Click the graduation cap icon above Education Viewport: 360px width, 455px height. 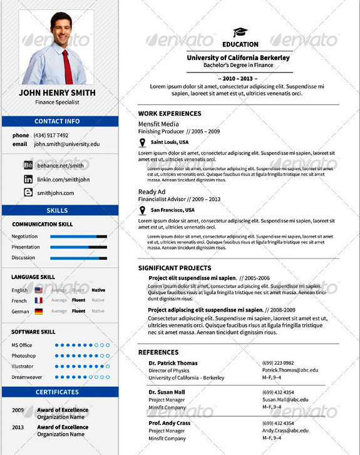coord(240,33)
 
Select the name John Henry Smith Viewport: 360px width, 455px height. coord(58,93)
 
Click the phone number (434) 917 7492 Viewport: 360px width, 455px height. coord(49,135)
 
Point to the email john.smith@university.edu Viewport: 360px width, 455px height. coord(66,144)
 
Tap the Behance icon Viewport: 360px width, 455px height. coord(28,165)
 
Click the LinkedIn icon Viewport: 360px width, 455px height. coord(28,180)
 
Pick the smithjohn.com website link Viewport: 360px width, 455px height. coord(55,193)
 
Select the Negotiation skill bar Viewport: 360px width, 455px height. coord(78,237)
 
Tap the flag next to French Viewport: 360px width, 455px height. coord(39,300)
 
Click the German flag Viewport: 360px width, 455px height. coord(39,311)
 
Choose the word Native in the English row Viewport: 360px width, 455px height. coord(98,290)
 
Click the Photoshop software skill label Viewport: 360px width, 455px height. coord(23,355)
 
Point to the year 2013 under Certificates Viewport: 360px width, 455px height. coord(18,427)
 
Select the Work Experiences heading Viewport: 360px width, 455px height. coord(170,114)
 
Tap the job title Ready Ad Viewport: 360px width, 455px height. coord(152,192)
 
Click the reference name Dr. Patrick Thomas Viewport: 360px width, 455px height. coord(173,363)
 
